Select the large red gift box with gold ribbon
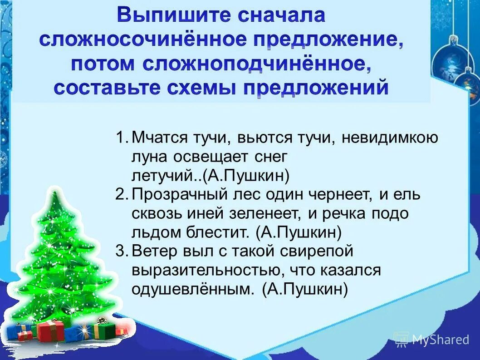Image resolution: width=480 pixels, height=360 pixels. pyautogui.click(x=51, y=330)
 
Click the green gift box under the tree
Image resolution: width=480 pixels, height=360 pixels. pyautogui.click(x=104, y=329)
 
